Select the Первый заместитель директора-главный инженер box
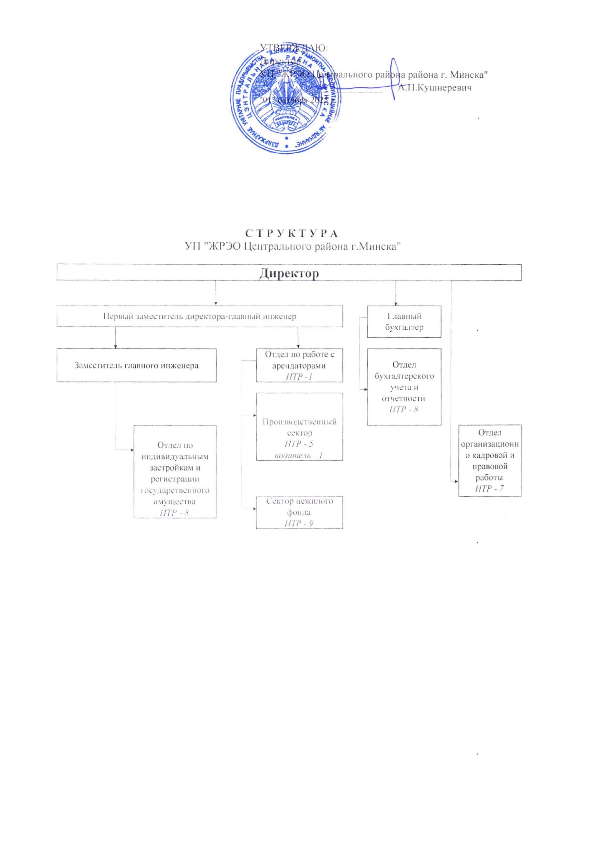click(x=200, y=316)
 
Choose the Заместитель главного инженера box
click(x=136, y=365)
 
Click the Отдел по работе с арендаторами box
click(x=299, y=365)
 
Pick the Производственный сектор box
click(x=299, y=426)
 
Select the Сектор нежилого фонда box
click(x=299, y=512)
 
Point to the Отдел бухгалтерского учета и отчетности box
click(x=404, y=386)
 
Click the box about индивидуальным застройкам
click(x=175, y=471)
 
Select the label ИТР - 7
click(x=490, y=489)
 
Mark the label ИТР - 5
click(x=299, y=444)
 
